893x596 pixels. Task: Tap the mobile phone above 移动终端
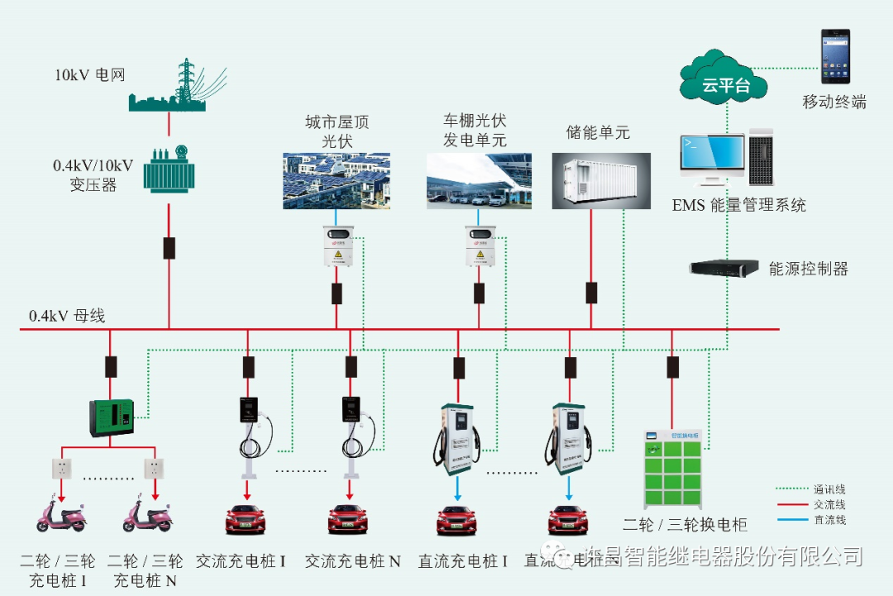tap(834, 56)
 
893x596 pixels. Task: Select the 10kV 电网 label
tap(89, 74)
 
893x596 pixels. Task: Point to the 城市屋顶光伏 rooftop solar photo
tap(337, 180)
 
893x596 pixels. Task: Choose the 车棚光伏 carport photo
tap(479, 180)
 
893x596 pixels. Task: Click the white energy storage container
tap(601, 180)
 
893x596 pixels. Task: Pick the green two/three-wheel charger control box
tap(111, 417)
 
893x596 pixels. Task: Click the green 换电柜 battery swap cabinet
tap(673, 470)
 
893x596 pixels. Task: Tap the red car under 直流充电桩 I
tap(457, 520)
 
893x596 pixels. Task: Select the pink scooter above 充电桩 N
tap(148, 516)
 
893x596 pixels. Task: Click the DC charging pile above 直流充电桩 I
tap(456, 438)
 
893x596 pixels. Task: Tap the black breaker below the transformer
tap(169, 248)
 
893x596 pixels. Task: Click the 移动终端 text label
tap(834, 103)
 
